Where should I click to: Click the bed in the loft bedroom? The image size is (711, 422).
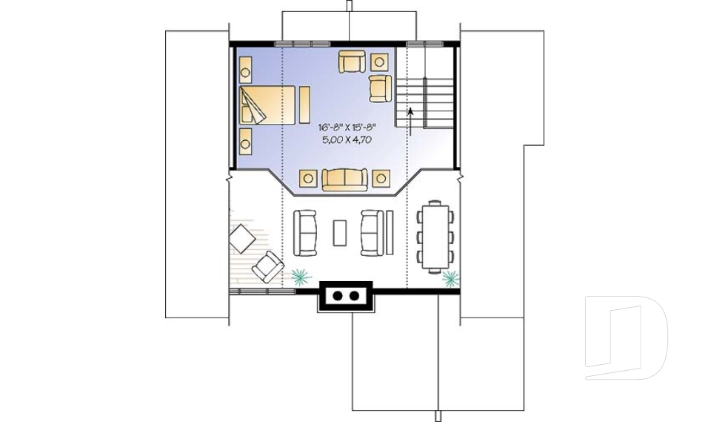[x=267, y=105]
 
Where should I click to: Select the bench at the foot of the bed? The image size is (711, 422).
[x=304, y=105]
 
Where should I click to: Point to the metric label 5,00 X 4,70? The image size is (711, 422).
[x=347, y=139]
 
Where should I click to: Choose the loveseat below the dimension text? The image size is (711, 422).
[x=344, y=179]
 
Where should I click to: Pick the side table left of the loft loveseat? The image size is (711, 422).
[x=308, y=178]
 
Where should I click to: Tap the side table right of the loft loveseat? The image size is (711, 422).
[x=381, y=178]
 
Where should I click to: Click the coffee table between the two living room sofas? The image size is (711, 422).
[x=340, y=233]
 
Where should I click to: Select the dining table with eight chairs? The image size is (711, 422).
[x=435, y=237]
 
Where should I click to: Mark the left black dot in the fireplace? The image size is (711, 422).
[x=338, y=296]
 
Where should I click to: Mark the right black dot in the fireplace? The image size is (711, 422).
[x=354, y=296]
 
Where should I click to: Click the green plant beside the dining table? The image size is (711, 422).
[x=451, y=278]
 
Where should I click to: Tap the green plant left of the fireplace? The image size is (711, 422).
[x=301, y=276]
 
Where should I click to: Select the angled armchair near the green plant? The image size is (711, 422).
[x=268, y=267]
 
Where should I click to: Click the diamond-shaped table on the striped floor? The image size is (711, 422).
[x=243, y=239]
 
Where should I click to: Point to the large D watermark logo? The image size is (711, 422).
[x=627, y=337]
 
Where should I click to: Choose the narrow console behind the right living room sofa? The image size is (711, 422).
[x=390, y=232]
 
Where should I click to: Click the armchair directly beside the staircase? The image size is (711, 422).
[x=380, y=88]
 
